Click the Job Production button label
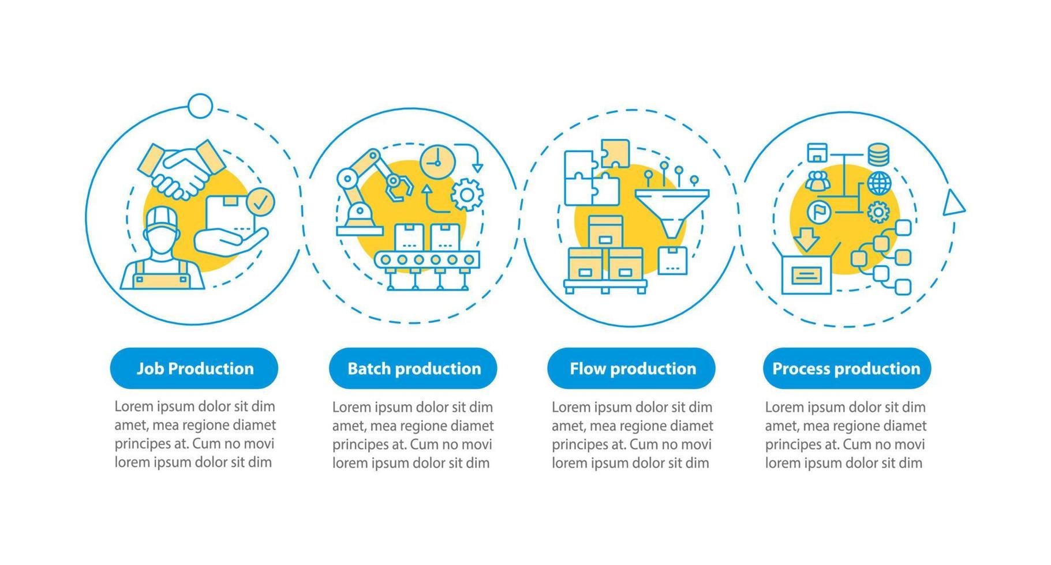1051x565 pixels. coord(195,369)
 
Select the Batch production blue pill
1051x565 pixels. coord(413,369)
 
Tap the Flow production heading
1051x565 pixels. coord(632,369)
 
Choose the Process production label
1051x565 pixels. coord(846,369)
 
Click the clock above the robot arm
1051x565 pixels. coord(437,162)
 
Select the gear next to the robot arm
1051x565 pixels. coord(466,195)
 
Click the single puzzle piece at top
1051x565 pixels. coord(615,153)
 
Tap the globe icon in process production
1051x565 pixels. coord(879,183)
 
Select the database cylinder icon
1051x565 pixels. coord(878,155)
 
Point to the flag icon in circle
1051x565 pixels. coord(818,212)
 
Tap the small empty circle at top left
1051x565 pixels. coord(200,106)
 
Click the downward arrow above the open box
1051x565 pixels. coord(806,239)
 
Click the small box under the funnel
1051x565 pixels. coord(672,261)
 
